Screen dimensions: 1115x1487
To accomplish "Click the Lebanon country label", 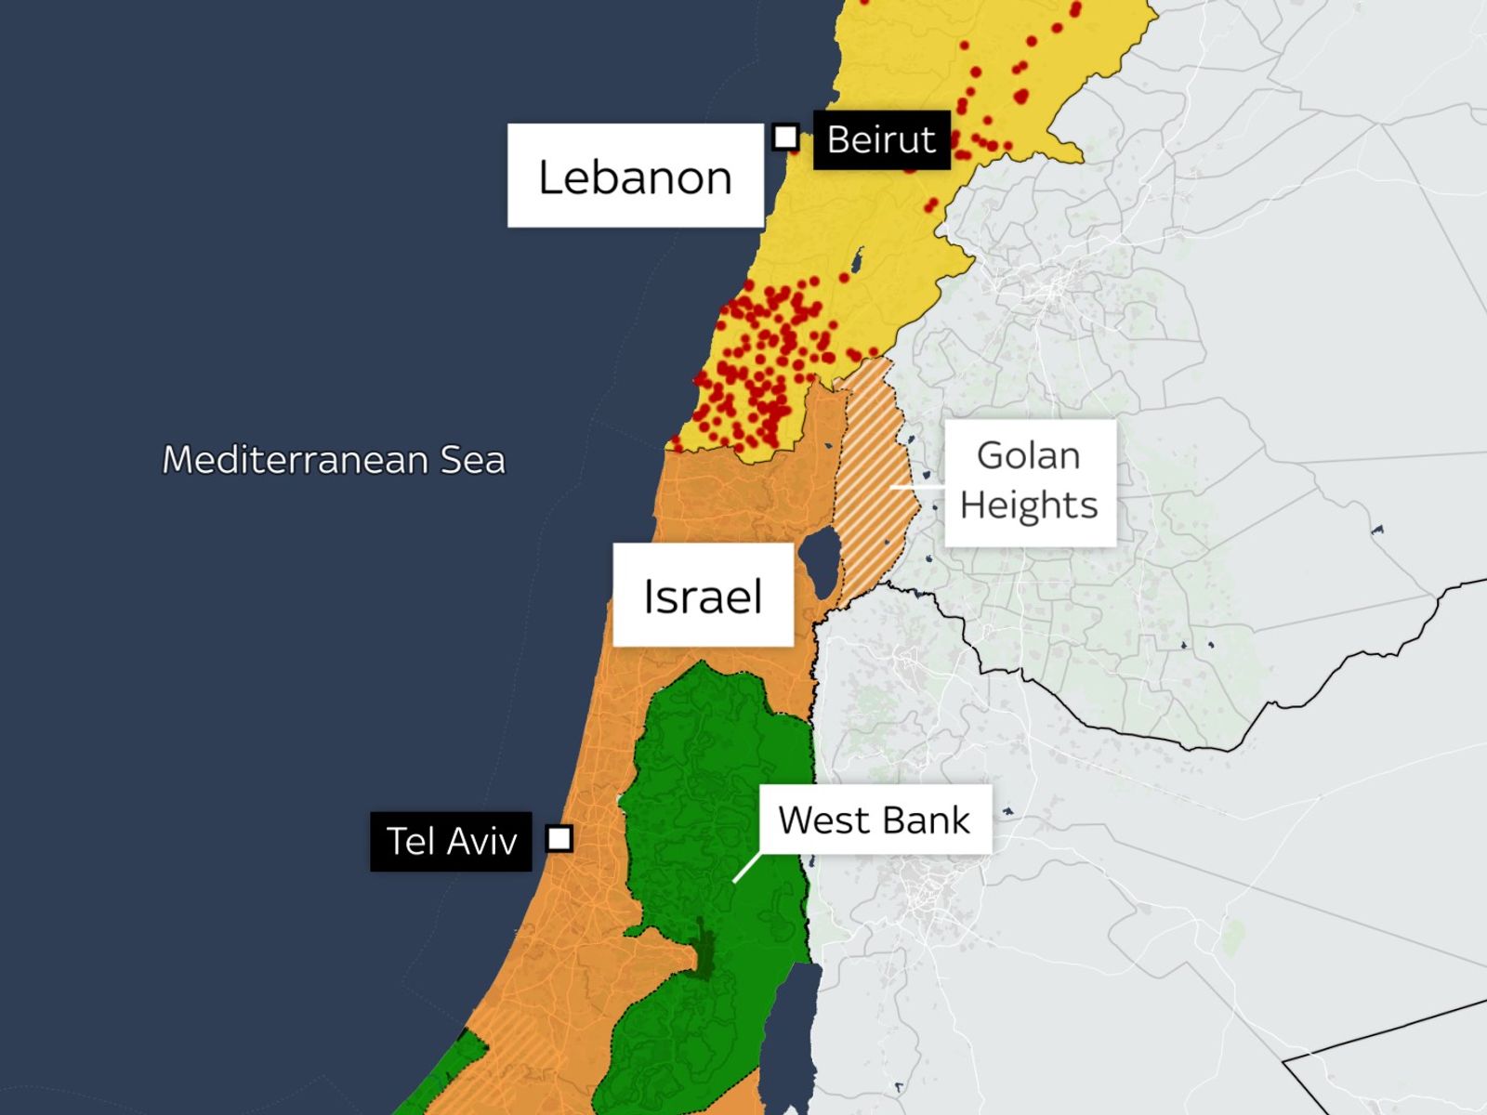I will [635, 177].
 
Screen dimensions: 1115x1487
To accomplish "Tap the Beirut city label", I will [881, 140].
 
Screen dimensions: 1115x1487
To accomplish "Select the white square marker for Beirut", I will [785, 138].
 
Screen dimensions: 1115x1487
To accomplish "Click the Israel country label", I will [703, 596].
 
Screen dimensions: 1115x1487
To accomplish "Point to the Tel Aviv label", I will [451, 842].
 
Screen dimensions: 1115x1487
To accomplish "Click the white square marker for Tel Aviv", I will [559, 839].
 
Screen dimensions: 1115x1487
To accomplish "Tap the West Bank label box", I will [875, 820].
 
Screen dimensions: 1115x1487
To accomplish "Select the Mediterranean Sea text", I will [334, 460].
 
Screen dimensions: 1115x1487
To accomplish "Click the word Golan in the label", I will [1028, 456].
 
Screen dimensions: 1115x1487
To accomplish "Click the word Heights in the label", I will [1029, 505].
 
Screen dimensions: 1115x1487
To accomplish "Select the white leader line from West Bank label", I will [746, 868].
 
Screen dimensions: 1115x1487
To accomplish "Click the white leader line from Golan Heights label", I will [915, 486].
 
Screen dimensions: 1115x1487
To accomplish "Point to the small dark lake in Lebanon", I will [857, 261].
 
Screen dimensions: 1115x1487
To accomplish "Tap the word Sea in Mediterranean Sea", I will [472, 460].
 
